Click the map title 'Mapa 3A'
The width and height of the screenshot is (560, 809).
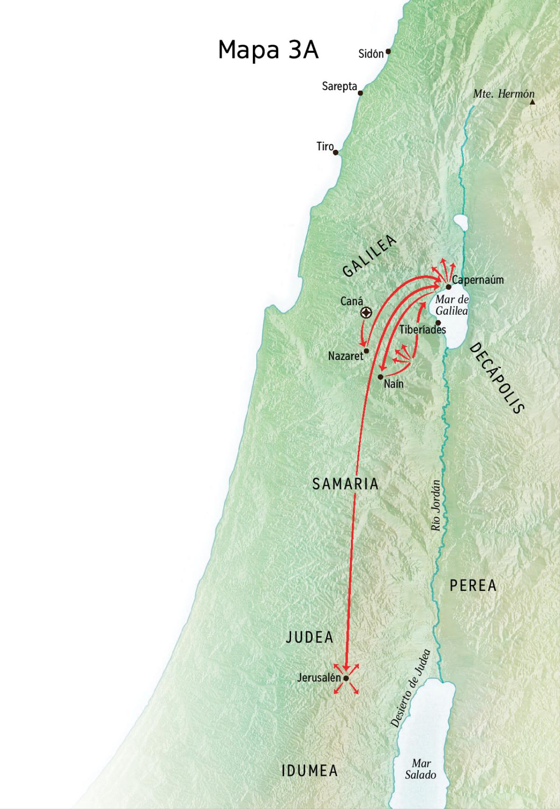(268, 50)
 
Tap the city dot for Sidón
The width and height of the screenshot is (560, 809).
(388, 52)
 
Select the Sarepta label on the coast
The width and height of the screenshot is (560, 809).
(339, 86)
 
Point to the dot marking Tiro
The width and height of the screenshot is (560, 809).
(336, 152)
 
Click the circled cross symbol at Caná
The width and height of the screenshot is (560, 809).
(367, 313)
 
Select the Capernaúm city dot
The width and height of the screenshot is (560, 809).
(448, 287)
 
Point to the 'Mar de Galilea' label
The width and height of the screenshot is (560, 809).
(452, 305)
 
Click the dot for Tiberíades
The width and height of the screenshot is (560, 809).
(438, 323)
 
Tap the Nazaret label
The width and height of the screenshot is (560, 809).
(345, 356)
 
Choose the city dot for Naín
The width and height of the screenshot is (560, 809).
(381, 376)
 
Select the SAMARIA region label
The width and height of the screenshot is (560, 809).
(345, 484)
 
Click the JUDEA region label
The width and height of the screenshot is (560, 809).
(309, 638)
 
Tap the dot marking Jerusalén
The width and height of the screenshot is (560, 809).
(346, 678)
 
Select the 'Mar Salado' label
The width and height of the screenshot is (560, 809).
(420, 769)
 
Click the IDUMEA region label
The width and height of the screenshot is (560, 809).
(310, 771)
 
